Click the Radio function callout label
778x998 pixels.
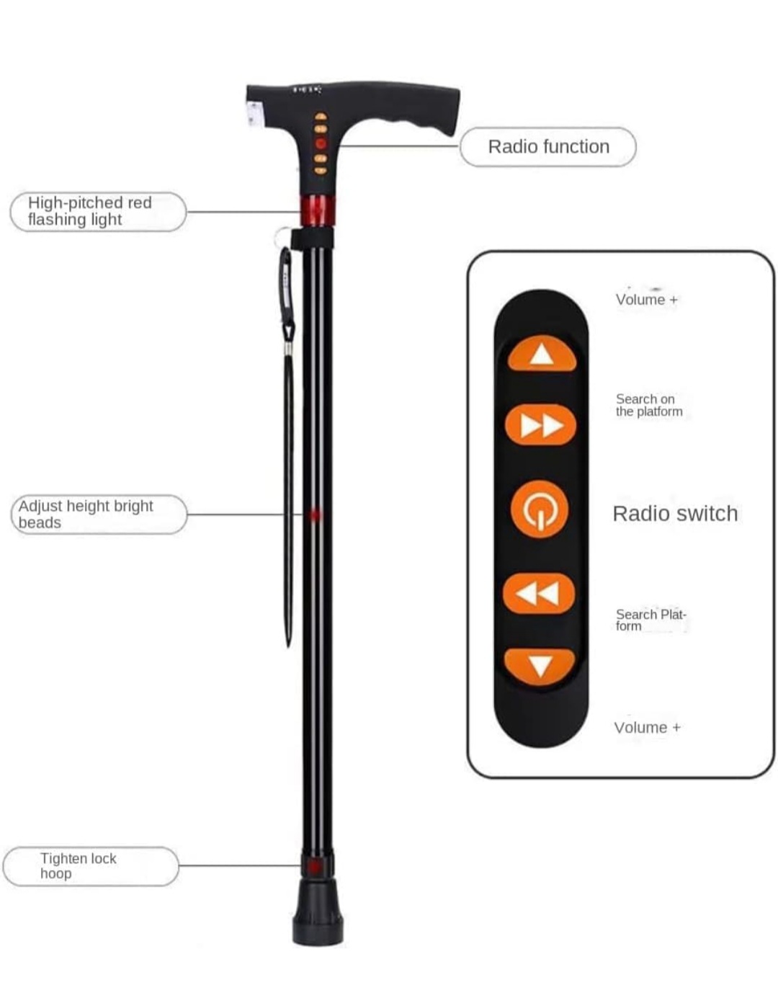click(x=548, y=147)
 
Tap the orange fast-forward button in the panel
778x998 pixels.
click(x=540, y=425)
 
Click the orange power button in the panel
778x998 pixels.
click(x=540, y=509)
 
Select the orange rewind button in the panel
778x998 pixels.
click(x=539, y=593)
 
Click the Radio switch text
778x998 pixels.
click(x=675, y=514)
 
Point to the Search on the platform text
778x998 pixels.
click(x=648, y=405)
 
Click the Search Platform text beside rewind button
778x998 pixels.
click(x=650, y=620)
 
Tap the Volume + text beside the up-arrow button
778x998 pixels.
click(x=646, y=300)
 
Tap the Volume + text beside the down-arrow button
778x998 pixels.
click(x=647, y=728)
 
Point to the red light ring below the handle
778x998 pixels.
click(x=318, y=210)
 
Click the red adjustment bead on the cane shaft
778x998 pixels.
click(x=314, y=515)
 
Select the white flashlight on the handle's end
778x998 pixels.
click(x=254, y=114)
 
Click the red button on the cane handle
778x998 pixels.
click(x=321, y=143)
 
